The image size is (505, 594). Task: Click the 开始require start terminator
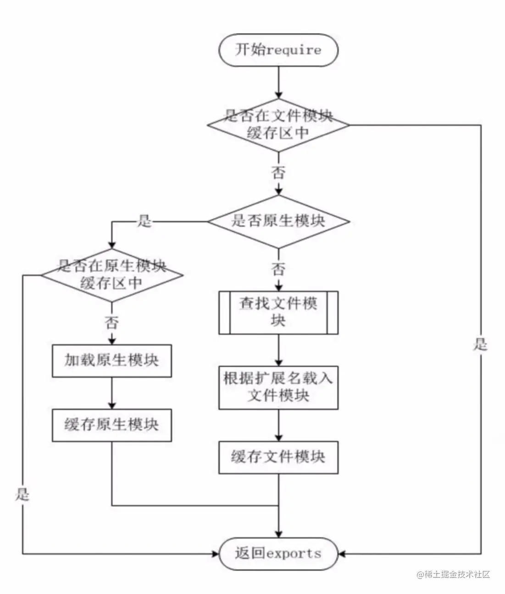[278, 50]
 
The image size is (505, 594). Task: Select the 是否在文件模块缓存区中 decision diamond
[278, 124]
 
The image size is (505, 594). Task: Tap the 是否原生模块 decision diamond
[278, 221]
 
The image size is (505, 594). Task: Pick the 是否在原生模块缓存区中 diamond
[112, 275]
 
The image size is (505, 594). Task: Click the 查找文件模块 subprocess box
[278, 312]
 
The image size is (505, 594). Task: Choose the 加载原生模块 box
[112, 361]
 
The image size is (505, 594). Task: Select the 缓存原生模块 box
[112, 425]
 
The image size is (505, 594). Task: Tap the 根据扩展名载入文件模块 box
[278, 387]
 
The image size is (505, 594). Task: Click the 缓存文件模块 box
[278, 457]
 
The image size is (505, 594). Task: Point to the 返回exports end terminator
[278, 554]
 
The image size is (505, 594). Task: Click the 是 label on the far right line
[480, 344]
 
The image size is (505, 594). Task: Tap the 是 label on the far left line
[22, 494]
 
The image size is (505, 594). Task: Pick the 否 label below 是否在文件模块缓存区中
[278, 173]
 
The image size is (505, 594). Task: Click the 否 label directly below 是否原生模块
[278, 269]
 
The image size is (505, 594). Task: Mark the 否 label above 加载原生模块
[112, 323]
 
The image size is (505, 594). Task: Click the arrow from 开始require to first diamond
[278, 83]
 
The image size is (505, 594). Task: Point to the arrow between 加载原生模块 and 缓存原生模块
[112, 393]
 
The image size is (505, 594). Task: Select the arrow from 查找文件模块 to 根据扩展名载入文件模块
[278, 350]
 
